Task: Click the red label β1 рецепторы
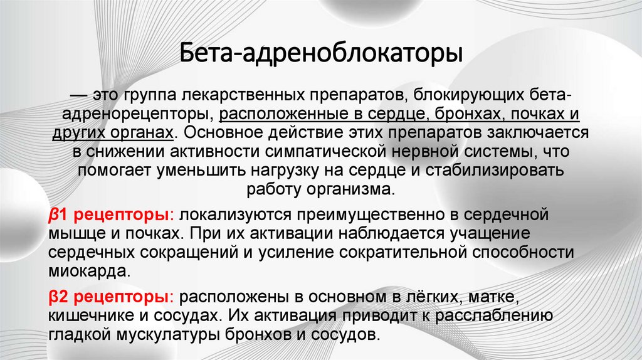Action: pos(108,214)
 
